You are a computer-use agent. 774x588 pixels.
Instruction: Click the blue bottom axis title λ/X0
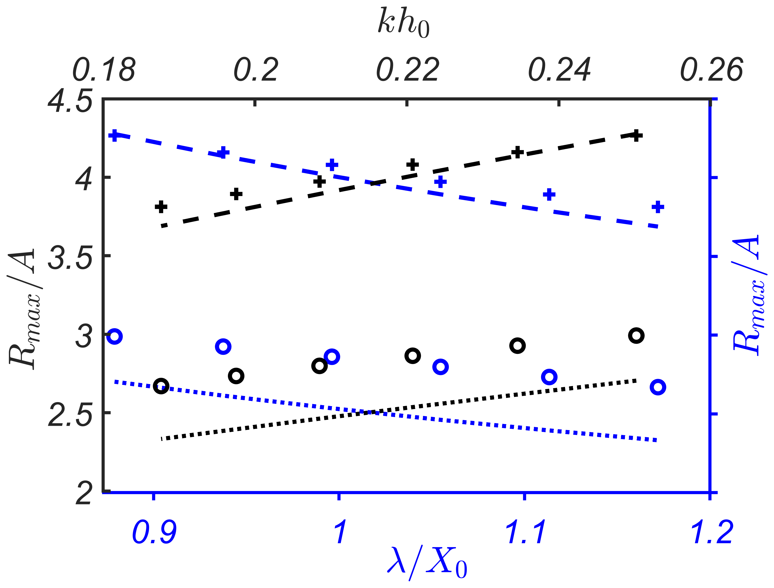tap(427, 564)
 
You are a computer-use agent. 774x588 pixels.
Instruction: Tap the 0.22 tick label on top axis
tap(407, 70)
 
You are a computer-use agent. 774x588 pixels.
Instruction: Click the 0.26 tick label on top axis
tap(711, 70)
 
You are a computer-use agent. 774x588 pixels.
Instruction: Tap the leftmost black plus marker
tap(161, 207)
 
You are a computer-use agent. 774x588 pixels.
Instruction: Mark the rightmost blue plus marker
tap(658, 207)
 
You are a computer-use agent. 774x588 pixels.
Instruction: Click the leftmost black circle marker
tap(161, 386)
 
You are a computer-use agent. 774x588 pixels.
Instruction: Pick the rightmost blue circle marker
tap(658, 387)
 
